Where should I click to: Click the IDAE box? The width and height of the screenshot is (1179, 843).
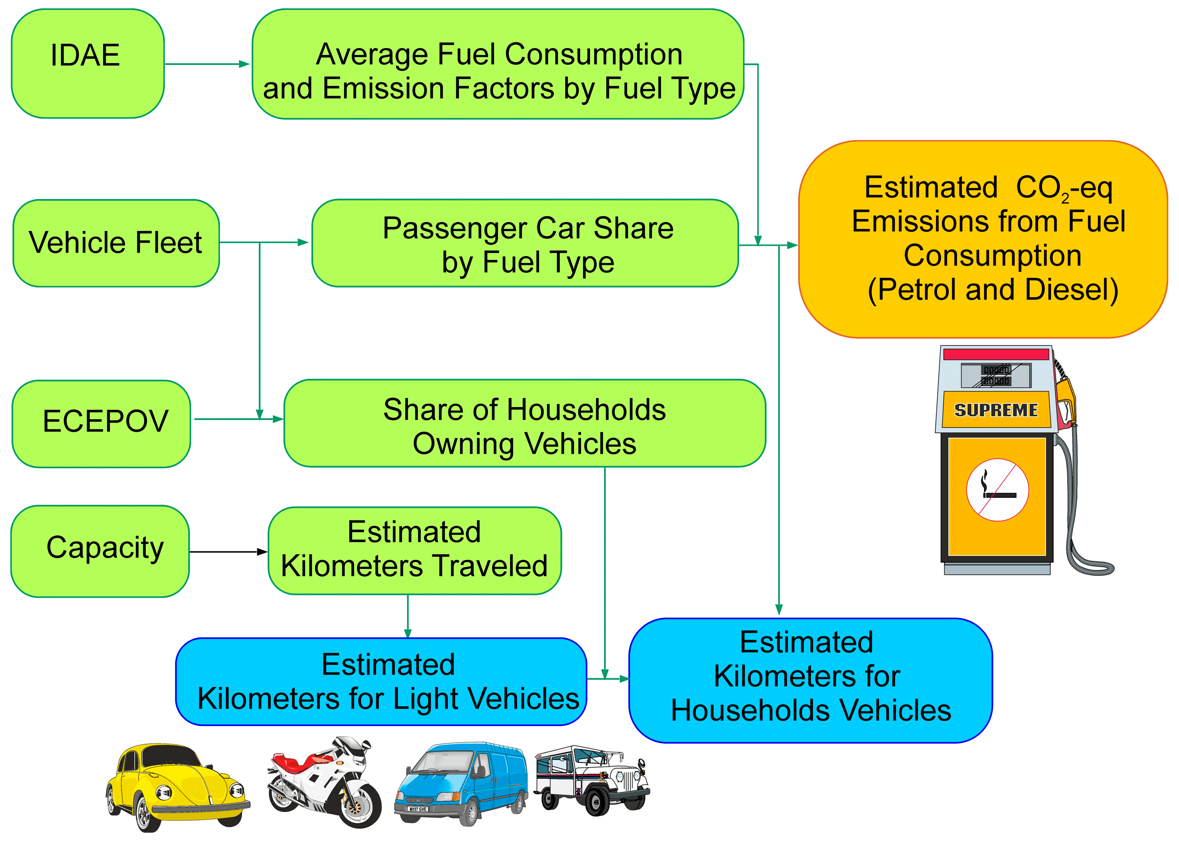click(x=87, y=63)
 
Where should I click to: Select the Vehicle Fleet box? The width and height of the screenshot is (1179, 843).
click(x=116, y=243)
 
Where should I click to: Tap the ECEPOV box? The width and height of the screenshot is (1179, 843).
click(x=102, y=423)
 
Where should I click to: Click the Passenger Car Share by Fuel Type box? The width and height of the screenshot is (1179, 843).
click(x=524, y=243)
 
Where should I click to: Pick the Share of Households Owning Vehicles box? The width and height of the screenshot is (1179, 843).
click(x=524, y=423)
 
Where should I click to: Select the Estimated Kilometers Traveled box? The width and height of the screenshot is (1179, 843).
click(x=414, y=550)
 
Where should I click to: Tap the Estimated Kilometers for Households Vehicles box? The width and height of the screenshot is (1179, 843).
click(x=810, y=680)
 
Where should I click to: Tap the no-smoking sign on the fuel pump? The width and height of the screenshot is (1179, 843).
click(x=996, y=489)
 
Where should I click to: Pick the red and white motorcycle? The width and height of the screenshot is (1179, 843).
click(x=325, y=781)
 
